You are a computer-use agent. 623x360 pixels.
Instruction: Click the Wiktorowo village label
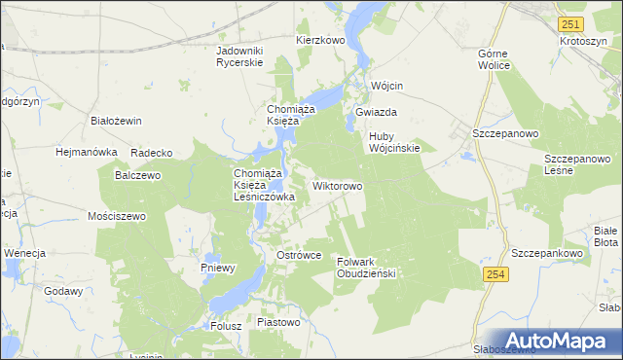(x=338, y=185)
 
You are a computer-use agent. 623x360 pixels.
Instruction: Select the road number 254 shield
(x=495, y=276)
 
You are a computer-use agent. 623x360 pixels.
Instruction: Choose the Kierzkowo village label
(x=320, y=41)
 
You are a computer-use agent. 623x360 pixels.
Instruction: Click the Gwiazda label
(x=375, y=112)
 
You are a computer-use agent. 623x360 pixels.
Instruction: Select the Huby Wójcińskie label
(x=393, y=142)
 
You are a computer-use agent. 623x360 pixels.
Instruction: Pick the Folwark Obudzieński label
(x=365, y=268)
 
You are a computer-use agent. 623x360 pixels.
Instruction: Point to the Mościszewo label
(x=116, y=216)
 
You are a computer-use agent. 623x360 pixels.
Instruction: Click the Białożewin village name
(x=116, y=121)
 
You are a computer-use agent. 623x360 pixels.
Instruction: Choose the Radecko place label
(x=151, y=153)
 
